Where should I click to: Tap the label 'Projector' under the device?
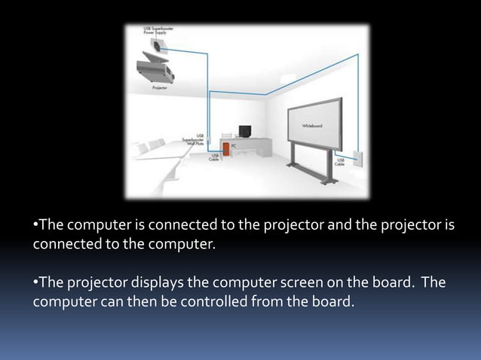[160, 87]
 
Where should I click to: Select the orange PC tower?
[225, 151]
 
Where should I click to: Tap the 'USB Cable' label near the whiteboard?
[341, 161]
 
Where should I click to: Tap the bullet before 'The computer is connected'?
[35, 225]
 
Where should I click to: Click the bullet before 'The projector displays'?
[35, 284]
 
